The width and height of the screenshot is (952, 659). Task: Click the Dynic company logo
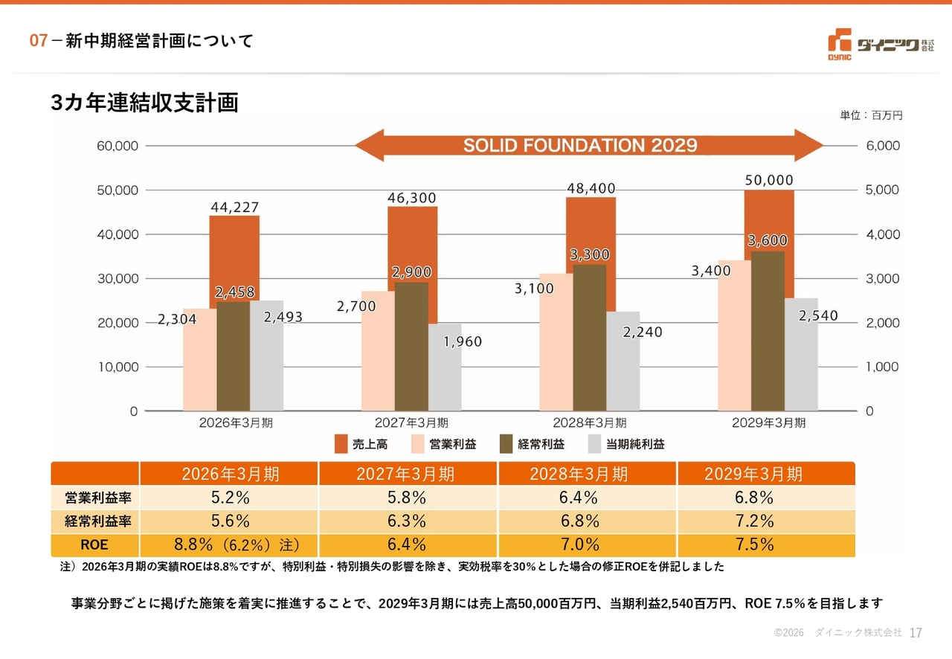coord(881,44)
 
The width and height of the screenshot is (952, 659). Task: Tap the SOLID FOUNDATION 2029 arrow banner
coord(588,145)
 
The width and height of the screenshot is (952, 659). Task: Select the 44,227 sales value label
coord(234,207)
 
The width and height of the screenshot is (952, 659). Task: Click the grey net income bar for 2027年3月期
coord(445,367)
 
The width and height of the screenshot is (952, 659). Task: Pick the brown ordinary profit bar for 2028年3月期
coord(590,338)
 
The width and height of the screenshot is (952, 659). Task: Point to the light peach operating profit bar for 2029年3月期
coord(734,335)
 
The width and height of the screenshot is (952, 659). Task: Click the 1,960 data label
coord(463,341)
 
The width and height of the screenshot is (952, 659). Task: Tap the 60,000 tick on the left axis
coord(118,146)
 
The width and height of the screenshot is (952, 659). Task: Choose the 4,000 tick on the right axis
coord(883,234)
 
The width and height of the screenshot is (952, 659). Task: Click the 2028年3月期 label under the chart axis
coord(590,422)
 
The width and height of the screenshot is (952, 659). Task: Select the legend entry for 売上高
coord(361,444)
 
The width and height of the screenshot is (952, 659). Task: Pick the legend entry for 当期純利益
coord(626,444)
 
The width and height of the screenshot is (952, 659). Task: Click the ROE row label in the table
coord(94,544)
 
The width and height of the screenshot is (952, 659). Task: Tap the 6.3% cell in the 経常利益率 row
coord(407,521)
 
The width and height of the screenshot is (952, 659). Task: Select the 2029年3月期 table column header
coord(753,474)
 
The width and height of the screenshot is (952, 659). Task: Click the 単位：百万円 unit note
coord(871,115)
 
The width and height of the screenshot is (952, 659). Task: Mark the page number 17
coord(916,633)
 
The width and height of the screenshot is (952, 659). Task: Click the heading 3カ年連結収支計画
coord(144,103)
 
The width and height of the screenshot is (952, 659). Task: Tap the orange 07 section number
coord(38,41)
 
